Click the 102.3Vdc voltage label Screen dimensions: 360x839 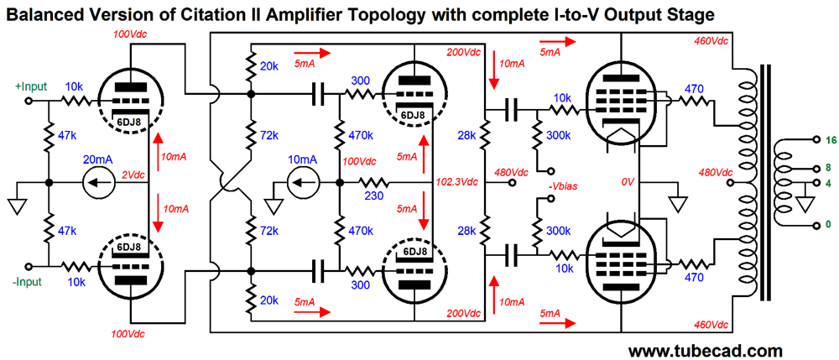(457, 181)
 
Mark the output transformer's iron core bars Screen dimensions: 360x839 (763, 181)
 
